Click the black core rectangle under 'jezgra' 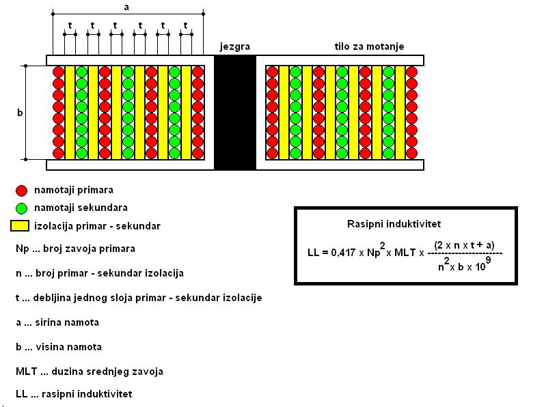(234, 113)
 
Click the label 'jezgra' (234, 47)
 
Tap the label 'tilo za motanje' (369, 47)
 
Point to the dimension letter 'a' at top (126, 7)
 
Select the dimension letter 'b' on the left (19, 113)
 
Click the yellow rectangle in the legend (21, 225)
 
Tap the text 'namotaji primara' (73, 191)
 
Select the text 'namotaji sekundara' (81, 208)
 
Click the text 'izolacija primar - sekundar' (97, 225)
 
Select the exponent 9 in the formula (489, 259)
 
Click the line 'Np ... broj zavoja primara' (75, 249)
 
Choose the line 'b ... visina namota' (59, 347)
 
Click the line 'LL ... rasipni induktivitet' (73, 394)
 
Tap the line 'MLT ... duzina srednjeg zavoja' (89, 371)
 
